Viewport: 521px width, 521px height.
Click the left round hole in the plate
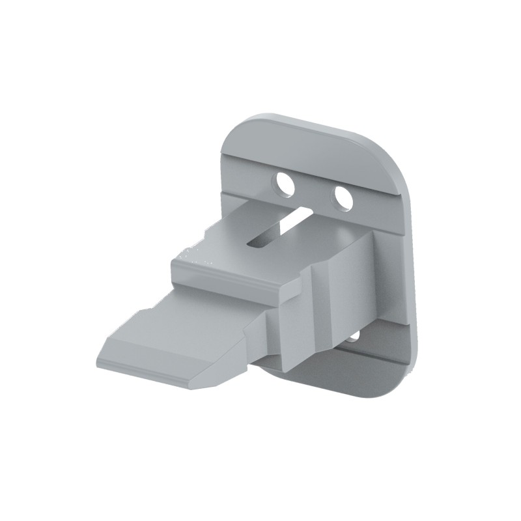[285, 184]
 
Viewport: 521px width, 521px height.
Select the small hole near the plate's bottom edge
[352, 337]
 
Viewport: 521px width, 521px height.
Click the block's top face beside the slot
[221, 241]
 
